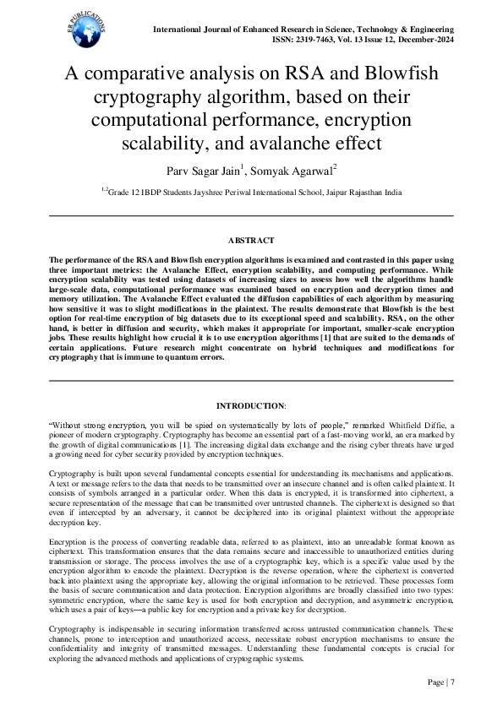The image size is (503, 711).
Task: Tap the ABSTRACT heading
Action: (x=251, y=241)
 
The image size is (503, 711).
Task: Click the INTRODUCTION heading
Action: (x=250, y=406)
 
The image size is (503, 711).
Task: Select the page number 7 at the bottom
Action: (x=452, y=683)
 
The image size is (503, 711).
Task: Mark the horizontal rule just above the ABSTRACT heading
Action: (x=251, y=216)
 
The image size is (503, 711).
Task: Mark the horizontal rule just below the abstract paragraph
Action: (x=251, y=382)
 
